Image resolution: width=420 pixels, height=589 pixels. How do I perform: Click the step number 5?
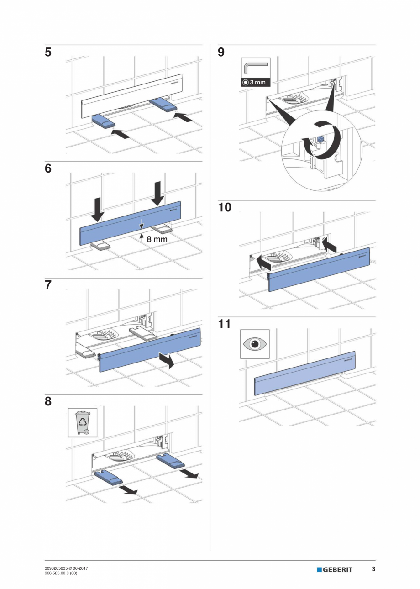(x=48, y=53)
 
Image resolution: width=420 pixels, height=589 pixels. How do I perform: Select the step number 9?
(x=221, y=53)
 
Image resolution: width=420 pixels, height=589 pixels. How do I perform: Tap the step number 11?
(x=224, y=324)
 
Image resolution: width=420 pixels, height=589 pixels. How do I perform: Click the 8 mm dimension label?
(x=157, y=238)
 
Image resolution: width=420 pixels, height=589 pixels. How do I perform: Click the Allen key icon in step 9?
(x=255, y=68)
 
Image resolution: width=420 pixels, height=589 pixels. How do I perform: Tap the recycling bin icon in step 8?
(x=83, y=423)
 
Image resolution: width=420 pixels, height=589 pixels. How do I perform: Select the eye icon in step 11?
(x=255, y=344)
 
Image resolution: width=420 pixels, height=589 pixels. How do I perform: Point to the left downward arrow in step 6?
(x=97, y=208)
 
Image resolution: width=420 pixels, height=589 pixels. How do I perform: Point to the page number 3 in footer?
(x=373, y=569)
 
